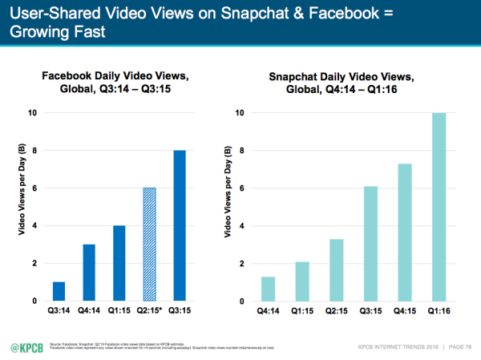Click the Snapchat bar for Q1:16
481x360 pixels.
pyautogui.click(x=439, y=207)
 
